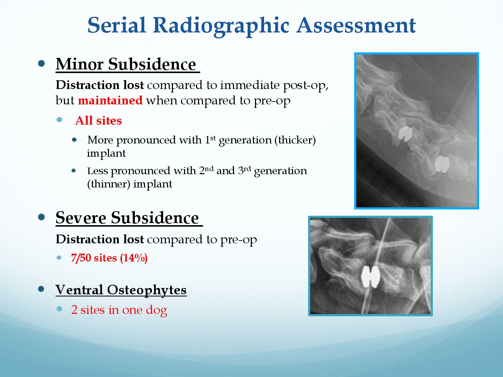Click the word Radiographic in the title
[x=221, y=26]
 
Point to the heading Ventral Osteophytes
[x=121, y=290]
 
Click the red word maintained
[x=110, y=101]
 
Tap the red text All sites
[x=99, y=121]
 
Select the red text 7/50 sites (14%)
[x=109, y=258]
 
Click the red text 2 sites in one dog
[x=119, y=310]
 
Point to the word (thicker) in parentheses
[x=295, y=140]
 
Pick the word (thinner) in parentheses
[x=109, y=184]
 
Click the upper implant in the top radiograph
[x=405, y=133]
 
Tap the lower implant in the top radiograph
[x=442, y=164]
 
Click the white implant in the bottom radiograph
[x=371, y=277]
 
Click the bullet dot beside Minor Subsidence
[x=41, y=64]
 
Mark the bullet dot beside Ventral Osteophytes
[x=41, y=289]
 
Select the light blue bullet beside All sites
[x=59, y=119]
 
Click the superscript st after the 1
[x=213, y=138]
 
